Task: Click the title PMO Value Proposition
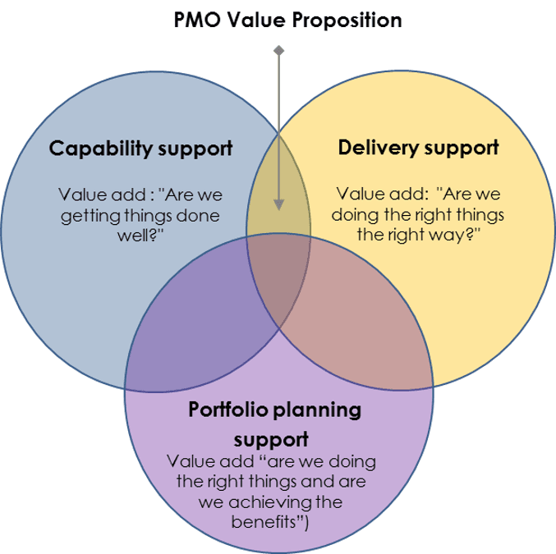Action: tap(287, 21)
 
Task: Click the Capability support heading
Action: tap(140, 149)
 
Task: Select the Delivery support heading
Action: tap(418, 148)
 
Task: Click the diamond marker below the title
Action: tap(279, 52)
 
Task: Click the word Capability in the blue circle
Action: tap(99, 149)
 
